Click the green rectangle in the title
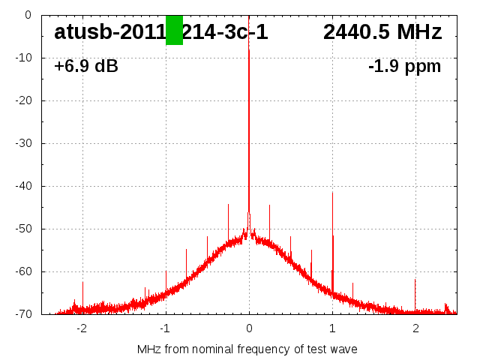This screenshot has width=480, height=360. pos(174,30)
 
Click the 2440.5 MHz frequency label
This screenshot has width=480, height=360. pos(382,32)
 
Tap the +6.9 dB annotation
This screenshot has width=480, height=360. pos(86,67)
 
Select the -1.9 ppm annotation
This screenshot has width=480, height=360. pos(404,67)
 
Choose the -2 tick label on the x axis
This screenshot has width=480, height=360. pos(81,328)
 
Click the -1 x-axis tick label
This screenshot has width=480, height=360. pos(164,328)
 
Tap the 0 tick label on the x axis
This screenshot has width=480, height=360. pos(249,328)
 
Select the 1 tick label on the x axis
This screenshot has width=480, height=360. pos(332,328)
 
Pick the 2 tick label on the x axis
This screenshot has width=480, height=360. pos(415,328)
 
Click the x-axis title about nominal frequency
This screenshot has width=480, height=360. pos(247,349)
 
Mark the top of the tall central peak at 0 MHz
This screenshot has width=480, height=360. pos(249,49)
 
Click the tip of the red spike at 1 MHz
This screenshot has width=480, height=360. pos(332,192)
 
